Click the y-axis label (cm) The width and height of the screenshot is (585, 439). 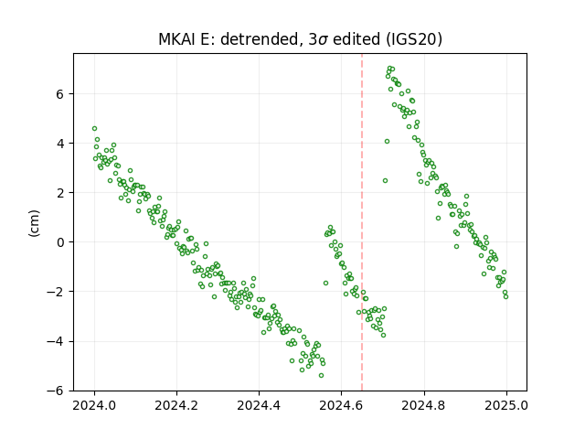click(34, 223)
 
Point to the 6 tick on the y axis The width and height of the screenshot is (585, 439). click(59, 94)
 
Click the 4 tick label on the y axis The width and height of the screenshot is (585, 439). click(59, 144)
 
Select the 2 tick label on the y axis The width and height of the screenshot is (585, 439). click(59, 193)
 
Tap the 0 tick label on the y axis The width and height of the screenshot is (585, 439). click(59, 242)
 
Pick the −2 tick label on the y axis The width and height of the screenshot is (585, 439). click(55, 292)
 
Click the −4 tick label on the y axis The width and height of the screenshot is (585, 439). click(55, 341)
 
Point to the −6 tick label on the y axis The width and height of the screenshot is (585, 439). click(55, 391)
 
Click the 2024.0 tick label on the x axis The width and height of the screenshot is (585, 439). click(94, 405)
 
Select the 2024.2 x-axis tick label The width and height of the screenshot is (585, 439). click(176, 405)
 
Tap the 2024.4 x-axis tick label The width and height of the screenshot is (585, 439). click(259, 405)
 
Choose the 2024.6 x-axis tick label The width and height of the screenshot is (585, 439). click(341, 405)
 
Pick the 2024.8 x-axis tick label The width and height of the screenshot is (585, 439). click(424, 405)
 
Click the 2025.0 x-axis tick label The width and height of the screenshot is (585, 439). click(506, 405)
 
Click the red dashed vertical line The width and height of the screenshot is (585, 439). click(362, 222)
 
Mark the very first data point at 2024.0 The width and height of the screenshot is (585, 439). click(94, 128)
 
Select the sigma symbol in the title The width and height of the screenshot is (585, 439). click(323, 40)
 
